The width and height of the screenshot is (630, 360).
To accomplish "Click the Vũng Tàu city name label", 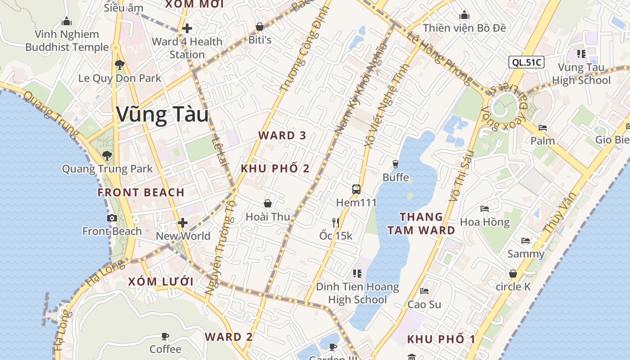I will pyautogui.click(x=162, y=114).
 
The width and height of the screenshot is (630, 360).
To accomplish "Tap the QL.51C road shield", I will pyautogui.click(x=526, y=62).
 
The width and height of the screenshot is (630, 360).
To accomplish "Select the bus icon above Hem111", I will pyautogui.click(x=356, y=189).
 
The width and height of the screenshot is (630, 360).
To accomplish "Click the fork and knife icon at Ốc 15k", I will pyautogui.click(x=335, y=222).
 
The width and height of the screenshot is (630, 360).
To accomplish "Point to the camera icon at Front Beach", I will pyautogui.click(x=112, y=218).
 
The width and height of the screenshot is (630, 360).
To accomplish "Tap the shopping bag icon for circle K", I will pyautogui.click(x=513, y=274).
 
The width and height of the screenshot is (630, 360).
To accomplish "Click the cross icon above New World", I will pyautogui.click(x=183, y=223).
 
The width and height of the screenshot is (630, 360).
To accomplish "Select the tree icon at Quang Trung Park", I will pyautogui.click(x=107, y=156).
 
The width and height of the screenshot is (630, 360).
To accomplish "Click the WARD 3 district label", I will pyautogui.click(x=282, y=135).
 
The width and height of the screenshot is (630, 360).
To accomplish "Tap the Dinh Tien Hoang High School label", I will pyautogui.click(x=357, y=293).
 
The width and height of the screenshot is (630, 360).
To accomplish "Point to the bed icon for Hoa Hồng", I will pyautogui.click(x=484, y=209).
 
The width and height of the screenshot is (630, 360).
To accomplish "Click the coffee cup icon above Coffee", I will pyautogui.click(x=165, y=336).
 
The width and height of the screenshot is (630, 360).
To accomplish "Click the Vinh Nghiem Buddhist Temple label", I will pyautogui.click(x=67, y=40).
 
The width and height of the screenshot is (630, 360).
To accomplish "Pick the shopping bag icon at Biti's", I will pyautogui.click(x=260, y=27).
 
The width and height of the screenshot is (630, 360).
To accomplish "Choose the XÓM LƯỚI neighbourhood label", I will pyautogui.click(x=161, y=282).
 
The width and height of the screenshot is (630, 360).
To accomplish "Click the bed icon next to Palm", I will pyautogui.click(x=542, y=128).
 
